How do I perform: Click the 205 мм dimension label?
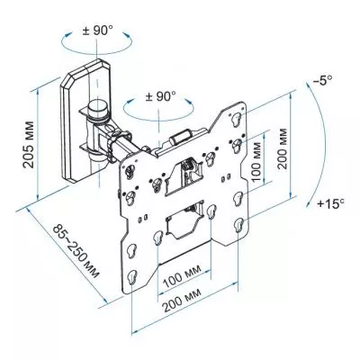tap(30, 144)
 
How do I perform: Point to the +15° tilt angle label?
tap(331, 204)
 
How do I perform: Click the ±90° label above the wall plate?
tap(97, 31)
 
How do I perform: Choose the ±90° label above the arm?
tap(160, 96)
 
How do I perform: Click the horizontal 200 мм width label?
tap(182, 301)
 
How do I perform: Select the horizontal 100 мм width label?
tap(182, 276)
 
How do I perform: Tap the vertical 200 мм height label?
tap(283, 148)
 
